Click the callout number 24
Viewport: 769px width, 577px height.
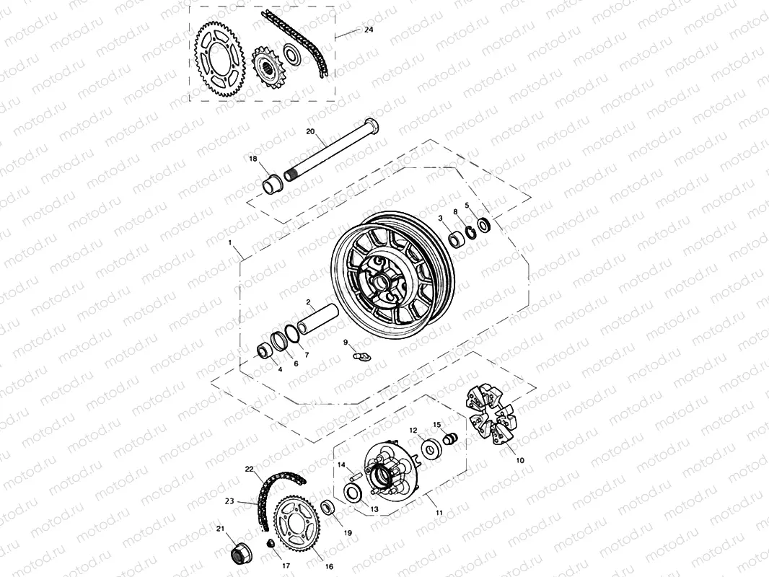tap(369, 30)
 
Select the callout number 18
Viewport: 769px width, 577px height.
tap(253, 158)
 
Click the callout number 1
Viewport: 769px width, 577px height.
tap(230, 244)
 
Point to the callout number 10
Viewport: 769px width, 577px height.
tap(520, 459)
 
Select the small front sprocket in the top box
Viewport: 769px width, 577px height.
tap(268, 69)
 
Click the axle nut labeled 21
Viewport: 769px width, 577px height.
tap(239, 553)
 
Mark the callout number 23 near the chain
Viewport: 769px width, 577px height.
tap(230, 501)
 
